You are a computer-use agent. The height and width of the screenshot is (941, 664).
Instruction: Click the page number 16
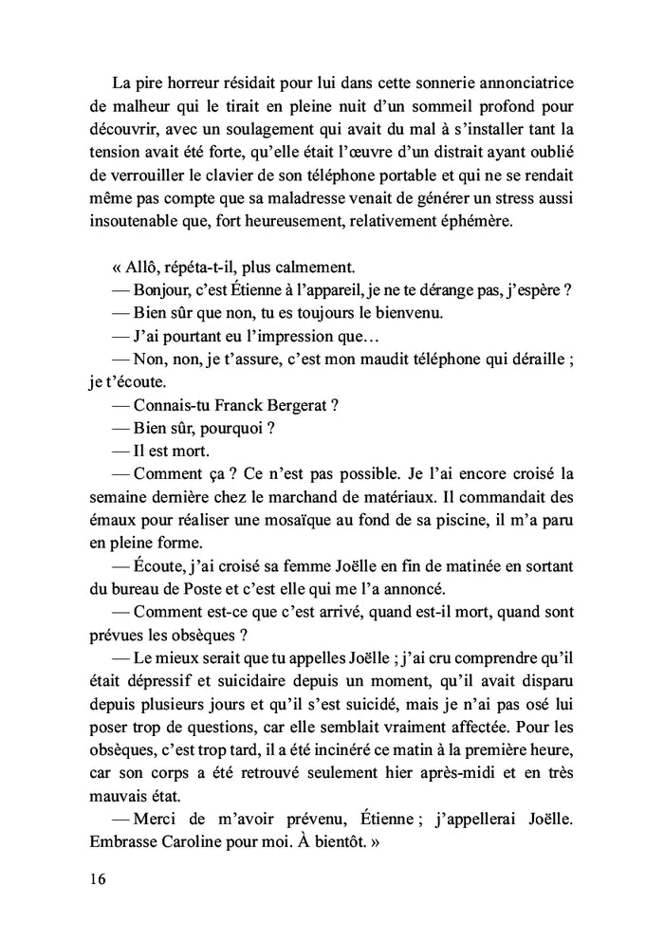coord(94,878)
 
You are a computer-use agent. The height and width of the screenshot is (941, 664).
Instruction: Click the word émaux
coord(100,519)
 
